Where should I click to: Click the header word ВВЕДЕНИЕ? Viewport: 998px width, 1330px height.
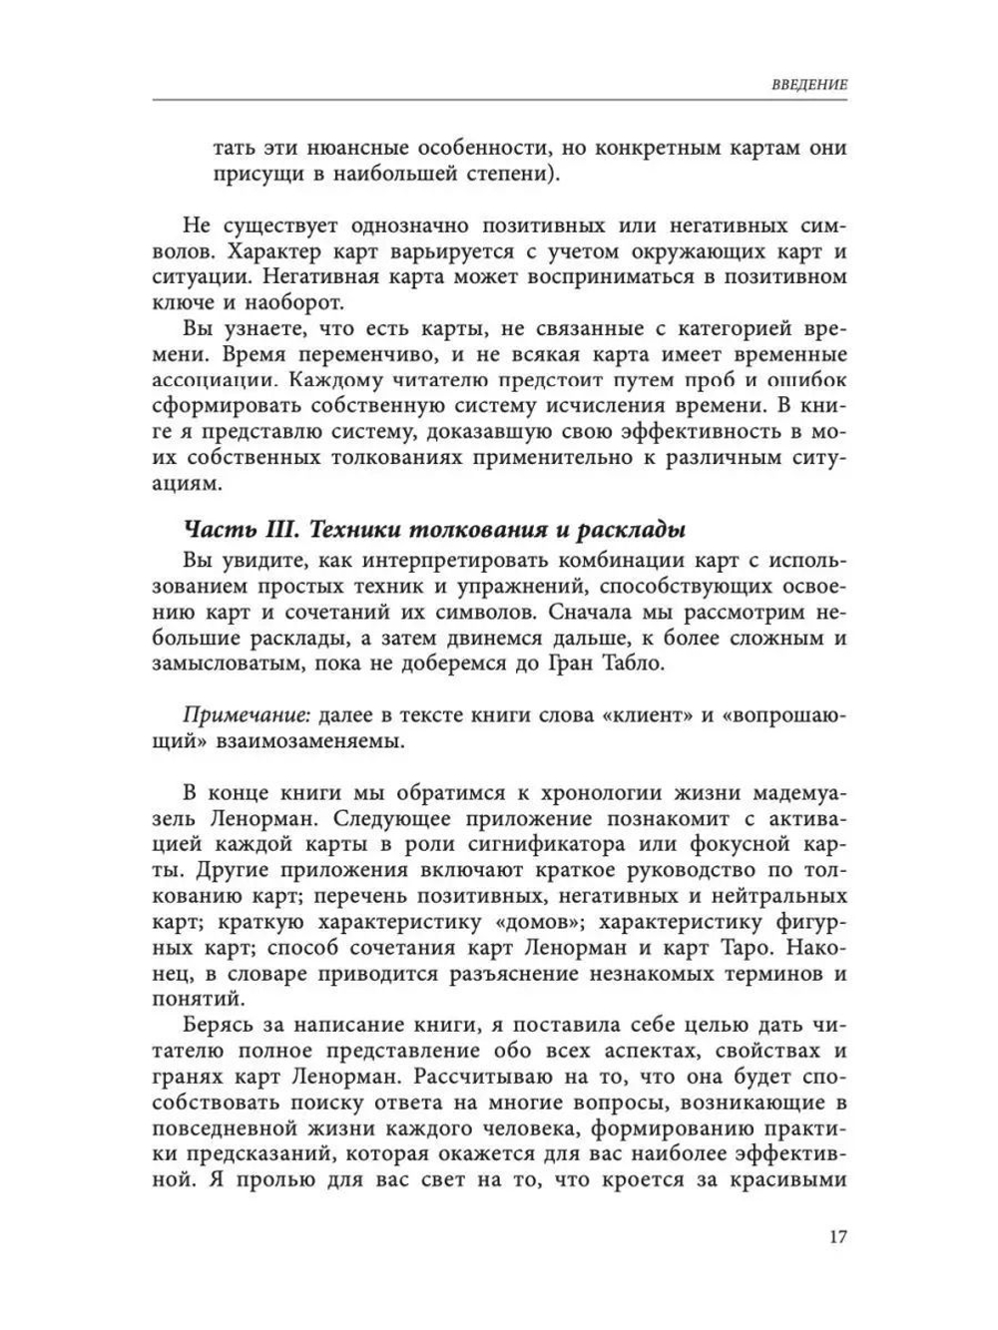(x=809, y=85)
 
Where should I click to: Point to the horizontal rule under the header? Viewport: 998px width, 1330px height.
(x=499, y=99)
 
